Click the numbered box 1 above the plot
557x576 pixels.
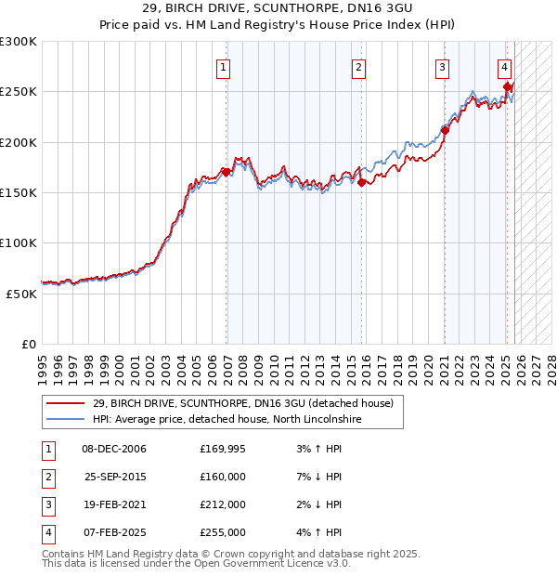pos(226,67)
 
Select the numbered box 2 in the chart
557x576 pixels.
pos(358,67)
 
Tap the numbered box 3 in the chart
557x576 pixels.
pos(443,67)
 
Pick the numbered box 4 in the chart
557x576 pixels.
pos(504,67)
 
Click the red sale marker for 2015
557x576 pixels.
pos(361,182)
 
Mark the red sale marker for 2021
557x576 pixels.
pos(445,130)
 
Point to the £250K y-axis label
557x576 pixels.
pos(19,92)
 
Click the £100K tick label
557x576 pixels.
pos(19,242)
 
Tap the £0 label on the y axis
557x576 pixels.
pos(28,344)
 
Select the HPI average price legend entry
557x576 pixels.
pos(227,420)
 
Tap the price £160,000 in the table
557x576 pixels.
pos(223,477)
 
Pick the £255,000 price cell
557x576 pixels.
pos(223,532)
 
